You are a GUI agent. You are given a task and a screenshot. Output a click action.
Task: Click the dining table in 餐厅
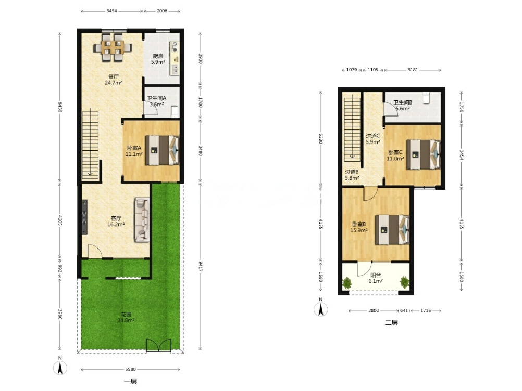pos(112,47)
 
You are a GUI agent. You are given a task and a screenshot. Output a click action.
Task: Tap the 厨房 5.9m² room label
pos(158,59)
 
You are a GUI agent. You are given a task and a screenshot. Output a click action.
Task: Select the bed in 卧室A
pos(162,150)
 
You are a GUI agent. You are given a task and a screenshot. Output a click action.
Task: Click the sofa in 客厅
pos(142,219)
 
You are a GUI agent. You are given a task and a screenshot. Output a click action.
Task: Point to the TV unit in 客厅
pos(84,217)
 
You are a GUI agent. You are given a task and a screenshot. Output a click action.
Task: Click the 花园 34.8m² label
pos(126,317)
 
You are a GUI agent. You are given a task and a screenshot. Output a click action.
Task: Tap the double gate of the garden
pos(159,345)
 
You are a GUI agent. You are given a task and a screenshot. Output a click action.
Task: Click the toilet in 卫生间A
pos(175,111)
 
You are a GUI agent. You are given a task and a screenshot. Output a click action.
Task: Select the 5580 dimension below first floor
pos(130,369)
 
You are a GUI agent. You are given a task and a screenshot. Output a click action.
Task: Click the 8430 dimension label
pos(60,107)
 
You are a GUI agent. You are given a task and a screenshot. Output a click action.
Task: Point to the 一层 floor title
pos(130,381)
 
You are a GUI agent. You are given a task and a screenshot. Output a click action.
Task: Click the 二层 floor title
pos(392,322)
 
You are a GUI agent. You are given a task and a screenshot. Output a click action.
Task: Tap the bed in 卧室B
pos(392,230)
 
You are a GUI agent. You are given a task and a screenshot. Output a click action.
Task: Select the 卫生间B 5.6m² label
pos(403,106)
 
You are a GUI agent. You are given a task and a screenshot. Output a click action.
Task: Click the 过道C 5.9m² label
pos(373,139)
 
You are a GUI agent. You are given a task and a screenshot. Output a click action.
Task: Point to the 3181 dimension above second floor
pos(413,70)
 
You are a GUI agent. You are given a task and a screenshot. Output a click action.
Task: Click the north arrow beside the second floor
pos(321,309)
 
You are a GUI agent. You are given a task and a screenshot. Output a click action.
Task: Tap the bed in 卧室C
pos(424,154)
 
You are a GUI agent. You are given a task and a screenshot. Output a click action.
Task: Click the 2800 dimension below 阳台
pos(374,310)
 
